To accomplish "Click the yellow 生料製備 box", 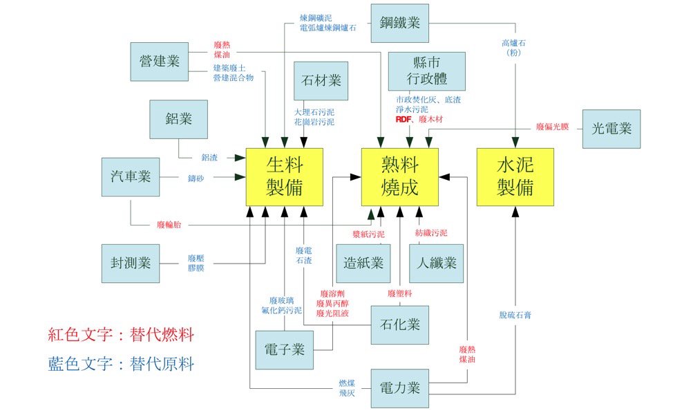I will [284, 176].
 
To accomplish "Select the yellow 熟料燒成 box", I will [400, 176].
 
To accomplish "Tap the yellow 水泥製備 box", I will [515, 176].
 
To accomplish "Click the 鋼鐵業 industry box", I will [400, 23].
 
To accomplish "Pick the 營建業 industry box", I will [159, 61].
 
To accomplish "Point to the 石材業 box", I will [321, 81].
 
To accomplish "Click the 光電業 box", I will [611, 129].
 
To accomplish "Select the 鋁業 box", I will [179, 119].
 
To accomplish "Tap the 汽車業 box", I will [131, 176].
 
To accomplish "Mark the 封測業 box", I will [131, 263].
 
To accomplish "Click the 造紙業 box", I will [363, 263].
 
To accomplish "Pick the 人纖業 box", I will [437, 263].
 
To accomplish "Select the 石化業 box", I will [400, 325].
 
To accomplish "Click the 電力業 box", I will [400, 387].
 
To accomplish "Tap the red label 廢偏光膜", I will [552, 128].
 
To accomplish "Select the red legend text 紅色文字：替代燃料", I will [122, 336].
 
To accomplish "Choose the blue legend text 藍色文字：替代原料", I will [122, 365].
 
